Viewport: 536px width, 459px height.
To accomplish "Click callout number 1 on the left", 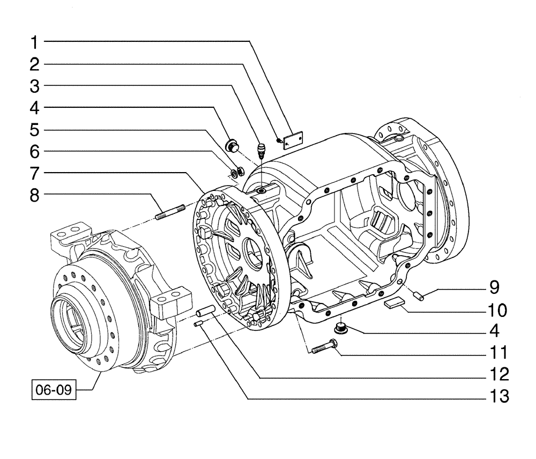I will (x=34, y=41).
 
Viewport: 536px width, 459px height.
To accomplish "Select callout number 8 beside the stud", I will (x=34, y=196).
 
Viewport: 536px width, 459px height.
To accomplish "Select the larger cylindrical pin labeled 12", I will (x=206, y=312).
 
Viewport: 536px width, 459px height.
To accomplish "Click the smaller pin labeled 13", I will (x=197, y=325).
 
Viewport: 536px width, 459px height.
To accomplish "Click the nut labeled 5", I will (x=241, y=172).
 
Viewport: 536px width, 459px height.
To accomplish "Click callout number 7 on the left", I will (x=34, y=173).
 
